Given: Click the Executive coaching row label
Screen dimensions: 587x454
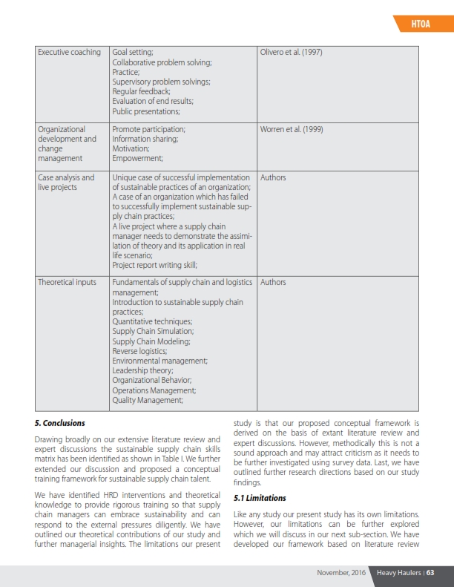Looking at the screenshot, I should click(69, 53).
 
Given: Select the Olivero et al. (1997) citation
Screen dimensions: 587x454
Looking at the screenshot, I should click(291, 53).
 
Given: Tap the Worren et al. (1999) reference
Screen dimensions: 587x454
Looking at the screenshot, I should click(292, 129).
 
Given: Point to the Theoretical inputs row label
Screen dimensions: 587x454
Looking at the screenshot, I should click(68, 283).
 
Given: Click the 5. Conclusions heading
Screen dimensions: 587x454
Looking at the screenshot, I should click(59, 423).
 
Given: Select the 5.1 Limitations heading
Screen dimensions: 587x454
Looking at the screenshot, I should click(260, 497).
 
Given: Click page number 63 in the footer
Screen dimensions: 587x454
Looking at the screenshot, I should click(430, 572).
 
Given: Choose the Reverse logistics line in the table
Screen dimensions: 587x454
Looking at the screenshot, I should click(139, 351).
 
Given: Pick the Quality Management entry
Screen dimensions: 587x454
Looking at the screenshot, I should click(147, 400).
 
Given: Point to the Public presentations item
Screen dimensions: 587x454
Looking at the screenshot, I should click(146, 111).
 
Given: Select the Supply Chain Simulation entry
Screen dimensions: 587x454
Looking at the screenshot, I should click(152, 332).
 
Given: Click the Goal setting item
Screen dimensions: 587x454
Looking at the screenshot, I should click(133, 53).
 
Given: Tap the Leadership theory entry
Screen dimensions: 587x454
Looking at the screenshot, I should click(142, 370).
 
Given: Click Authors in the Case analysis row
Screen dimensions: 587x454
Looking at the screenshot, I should click(273, 178).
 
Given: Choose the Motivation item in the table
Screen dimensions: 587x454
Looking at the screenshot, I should click(131, 148).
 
